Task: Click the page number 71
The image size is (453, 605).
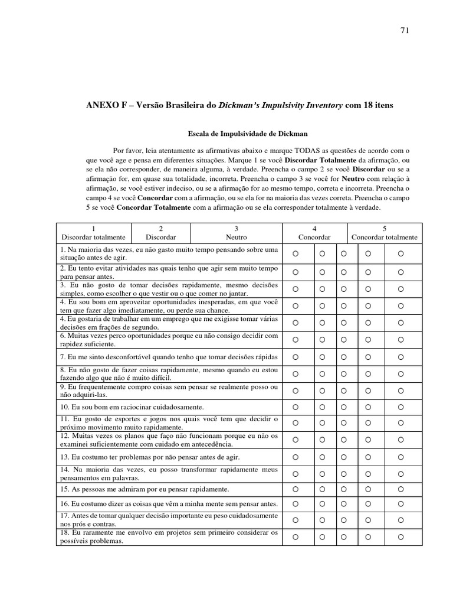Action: [x=405, y=31]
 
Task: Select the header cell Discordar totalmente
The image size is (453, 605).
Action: [x=94, y=233]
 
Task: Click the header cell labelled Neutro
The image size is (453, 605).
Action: [x=237, y=233]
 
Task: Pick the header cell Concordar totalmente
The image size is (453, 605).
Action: [x=385, y=233]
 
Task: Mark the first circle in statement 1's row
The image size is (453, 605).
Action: [x=296, y=254]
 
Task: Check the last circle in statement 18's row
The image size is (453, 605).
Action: [x=401, y=537]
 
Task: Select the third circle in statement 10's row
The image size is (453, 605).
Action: [x=343, y=407]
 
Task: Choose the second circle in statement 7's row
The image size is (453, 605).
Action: [x=322, y=357]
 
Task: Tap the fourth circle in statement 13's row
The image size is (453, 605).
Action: [x=367, y=457]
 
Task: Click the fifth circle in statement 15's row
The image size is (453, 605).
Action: [x=401, y=489]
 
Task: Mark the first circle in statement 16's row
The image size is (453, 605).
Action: [x=296, y=504]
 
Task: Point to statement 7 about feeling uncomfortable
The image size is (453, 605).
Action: [x=169, y=357]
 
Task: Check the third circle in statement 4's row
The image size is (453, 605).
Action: [x=343, y=305]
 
